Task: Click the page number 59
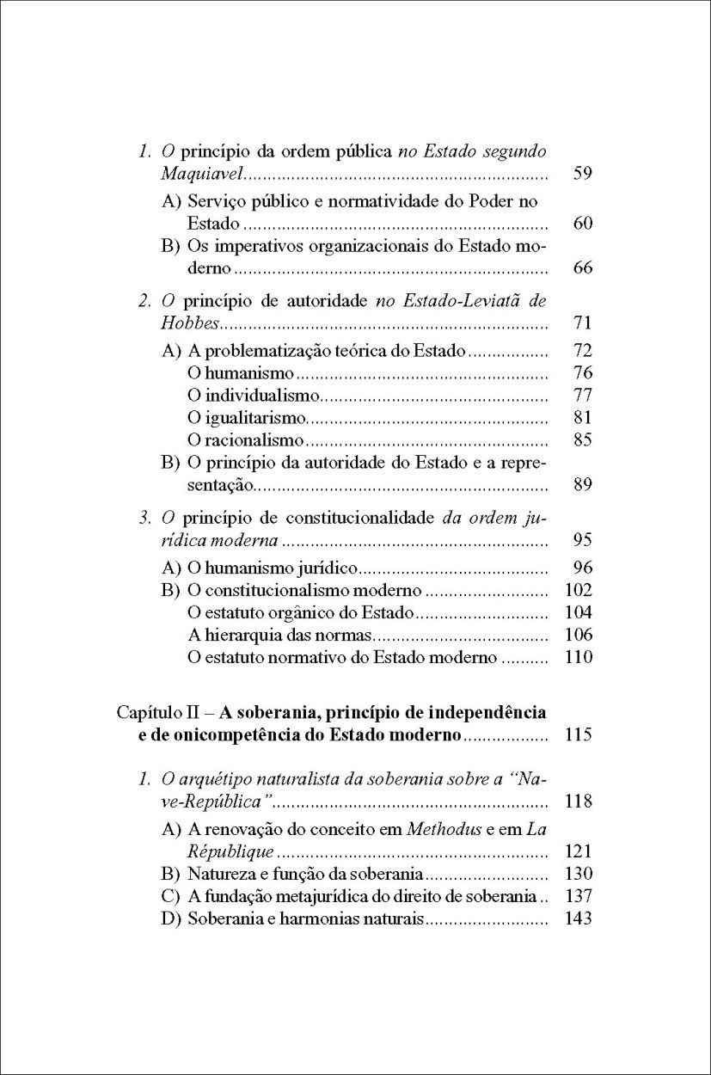[x=583, y=175]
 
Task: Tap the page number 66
[x=583, y=268]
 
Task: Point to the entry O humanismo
[x=241, y=373]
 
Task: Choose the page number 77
[x=583, y=396]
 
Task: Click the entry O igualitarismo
[x=247, y=418]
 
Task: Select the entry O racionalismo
[x=245, y=440]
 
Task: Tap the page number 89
[x=583, y=485]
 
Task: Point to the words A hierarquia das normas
[x=278, y=636]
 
